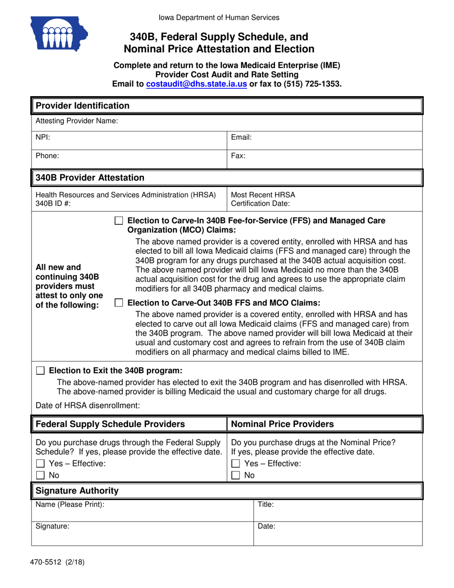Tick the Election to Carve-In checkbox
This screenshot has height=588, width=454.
119,221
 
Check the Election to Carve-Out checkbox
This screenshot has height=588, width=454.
119,303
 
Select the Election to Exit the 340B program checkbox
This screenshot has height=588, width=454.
41,370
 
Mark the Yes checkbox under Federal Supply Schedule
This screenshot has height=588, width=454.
41,464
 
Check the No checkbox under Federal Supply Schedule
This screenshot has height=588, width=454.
41,476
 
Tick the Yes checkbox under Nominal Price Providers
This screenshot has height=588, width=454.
236,464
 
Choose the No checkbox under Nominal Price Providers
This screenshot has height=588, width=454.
236,476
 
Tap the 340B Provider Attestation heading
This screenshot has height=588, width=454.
90,178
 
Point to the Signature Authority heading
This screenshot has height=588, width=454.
77,491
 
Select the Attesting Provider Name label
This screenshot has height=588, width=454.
77,121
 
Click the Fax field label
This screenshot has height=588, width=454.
238,155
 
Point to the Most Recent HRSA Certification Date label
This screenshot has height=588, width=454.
263,199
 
